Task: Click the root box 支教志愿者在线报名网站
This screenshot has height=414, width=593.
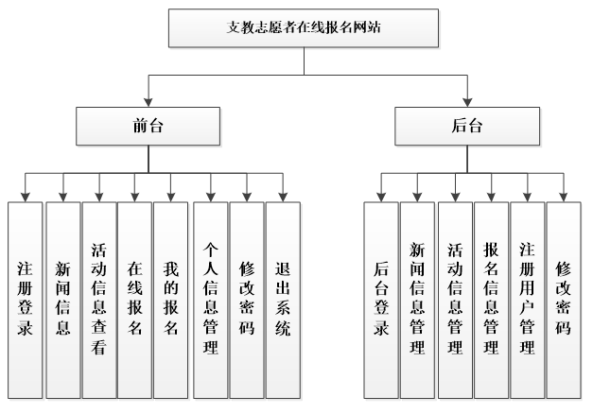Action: pyautogui.click(x=305, y=28)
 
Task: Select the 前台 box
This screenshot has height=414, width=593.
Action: pyautogui.click(x=148, y=126)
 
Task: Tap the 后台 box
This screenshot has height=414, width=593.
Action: pyautogui.click(x=468, y=126)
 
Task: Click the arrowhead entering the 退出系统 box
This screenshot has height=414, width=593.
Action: pyautogui.click(x=282, y=196)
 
